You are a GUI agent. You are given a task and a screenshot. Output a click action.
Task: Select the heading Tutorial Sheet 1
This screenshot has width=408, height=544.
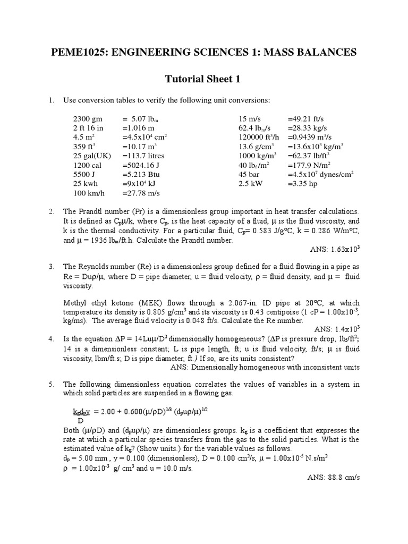[203, 79]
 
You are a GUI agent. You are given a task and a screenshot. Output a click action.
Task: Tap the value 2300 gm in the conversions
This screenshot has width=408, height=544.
[88, 118]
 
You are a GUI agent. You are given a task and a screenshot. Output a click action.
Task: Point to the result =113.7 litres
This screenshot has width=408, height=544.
[143, 156]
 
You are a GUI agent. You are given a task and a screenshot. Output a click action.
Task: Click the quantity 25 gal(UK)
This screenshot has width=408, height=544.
[91, 156]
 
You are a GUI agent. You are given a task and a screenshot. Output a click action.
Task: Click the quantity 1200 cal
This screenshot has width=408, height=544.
[86, 165]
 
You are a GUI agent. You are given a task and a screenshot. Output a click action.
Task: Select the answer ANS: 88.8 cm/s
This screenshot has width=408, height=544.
[334, 477]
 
